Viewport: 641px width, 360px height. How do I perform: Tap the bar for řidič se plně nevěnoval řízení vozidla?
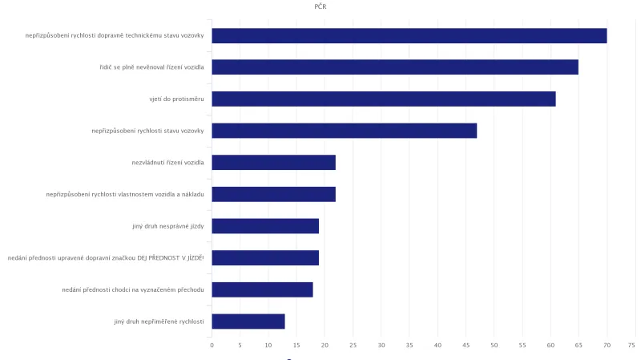click(395, 67)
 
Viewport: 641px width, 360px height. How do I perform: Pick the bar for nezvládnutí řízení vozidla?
click(273, 163)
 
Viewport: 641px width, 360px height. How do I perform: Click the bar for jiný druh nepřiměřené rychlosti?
click(248, 322)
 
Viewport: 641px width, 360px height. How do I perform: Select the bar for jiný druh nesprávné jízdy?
click(265, 226)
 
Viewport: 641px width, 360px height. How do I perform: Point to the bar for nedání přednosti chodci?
click(262, 289)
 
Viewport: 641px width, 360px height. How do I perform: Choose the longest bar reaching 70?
click(409, 35)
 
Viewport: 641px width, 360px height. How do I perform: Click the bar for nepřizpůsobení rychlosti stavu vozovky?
click(345, 131)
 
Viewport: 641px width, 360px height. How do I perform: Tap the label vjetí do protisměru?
click(171, 99)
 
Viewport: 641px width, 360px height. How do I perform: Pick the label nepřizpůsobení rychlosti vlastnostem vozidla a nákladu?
click(125, 195)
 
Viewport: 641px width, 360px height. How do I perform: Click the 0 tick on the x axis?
click(212, 346)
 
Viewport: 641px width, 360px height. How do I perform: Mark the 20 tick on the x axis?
click(325, 346)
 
